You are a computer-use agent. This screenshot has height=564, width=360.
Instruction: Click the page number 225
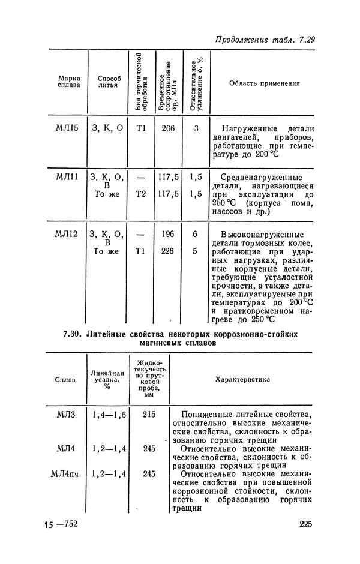click(x=305, y=526)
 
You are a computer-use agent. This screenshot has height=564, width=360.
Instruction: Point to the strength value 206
click(x=168, y=128)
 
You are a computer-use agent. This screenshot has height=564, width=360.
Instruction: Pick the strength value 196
click(x=168, y=235)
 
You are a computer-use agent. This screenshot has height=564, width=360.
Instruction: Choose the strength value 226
click(x=168, y=251)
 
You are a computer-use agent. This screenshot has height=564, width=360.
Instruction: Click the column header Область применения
click(x=264, y=83)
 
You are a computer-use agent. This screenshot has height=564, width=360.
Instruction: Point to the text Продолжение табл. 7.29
click(x=265, y=40)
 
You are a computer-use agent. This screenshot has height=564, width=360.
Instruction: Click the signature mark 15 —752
click(x=61, y=526)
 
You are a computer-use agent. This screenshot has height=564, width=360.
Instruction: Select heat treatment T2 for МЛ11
click(x=141, y=194)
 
